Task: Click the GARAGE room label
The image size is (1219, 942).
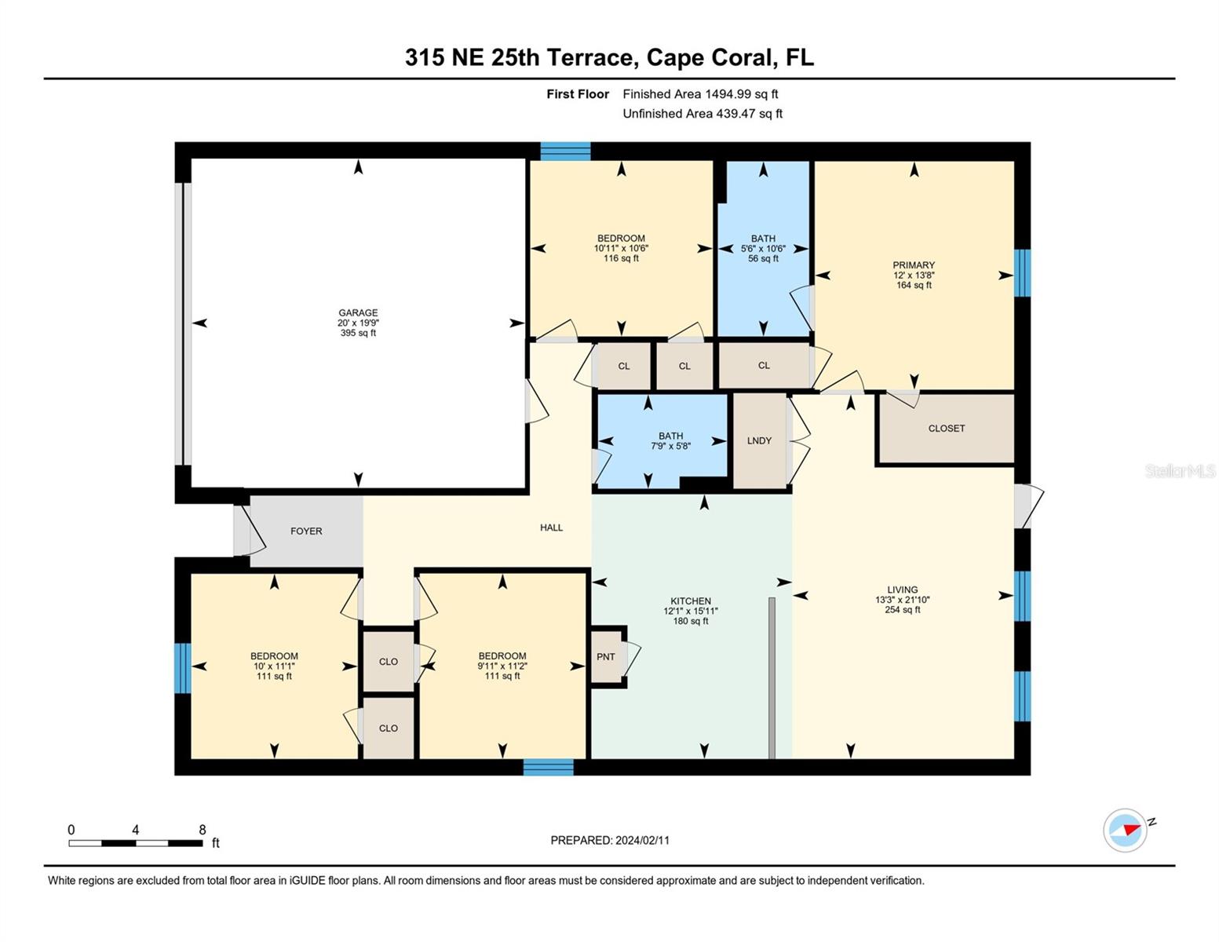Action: (x=358, y=313)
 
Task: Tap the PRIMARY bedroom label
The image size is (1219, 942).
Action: (x=913, y=265)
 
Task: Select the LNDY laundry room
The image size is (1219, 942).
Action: (x=759, y=441)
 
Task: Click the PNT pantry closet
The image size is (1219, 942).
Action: (x=606, y=656)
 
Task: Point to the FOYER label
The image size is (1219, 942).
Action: (x=306, y=531)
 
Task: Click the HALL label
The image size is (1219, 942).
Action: (x=551, y=528)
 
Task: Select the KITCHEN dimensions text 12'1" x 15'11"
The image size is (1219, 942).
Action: (x=690, y=611)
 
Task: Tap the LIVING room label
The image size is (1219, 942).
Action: (x=902, y=590)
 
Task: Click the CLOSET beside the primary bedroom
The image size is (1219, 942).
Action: (x=946, y=429)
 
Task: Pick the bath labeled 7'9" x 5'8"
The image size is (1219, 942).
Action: (x=670, y=441)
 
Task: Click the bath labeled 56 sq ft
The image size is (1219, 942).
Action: (x=763, y=248)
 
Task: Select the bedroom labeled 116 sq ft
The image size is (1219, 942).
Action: (x=621, y=248)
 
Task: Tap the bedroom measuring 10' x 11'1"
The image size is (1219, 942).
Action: (x=274, y=666)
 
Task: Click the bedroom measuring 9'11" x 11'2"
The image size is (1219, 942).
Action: (x=502, y=666)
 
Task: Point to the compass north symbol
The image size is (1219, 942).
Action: (x=1126, y=830)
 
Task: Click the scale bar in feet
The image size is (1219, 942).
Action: (x=135, y=843)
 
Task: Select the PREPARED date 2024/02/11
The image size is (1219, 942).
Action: (x=610, y=840)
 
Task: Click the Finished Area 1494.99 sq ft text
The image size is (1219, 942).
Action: (x=700, y=94)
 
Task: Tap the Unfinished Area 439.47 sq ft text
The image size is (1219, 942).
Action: (x=703, y=114)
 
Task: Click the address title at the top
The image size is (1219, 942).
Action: (x=609, y=57)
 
